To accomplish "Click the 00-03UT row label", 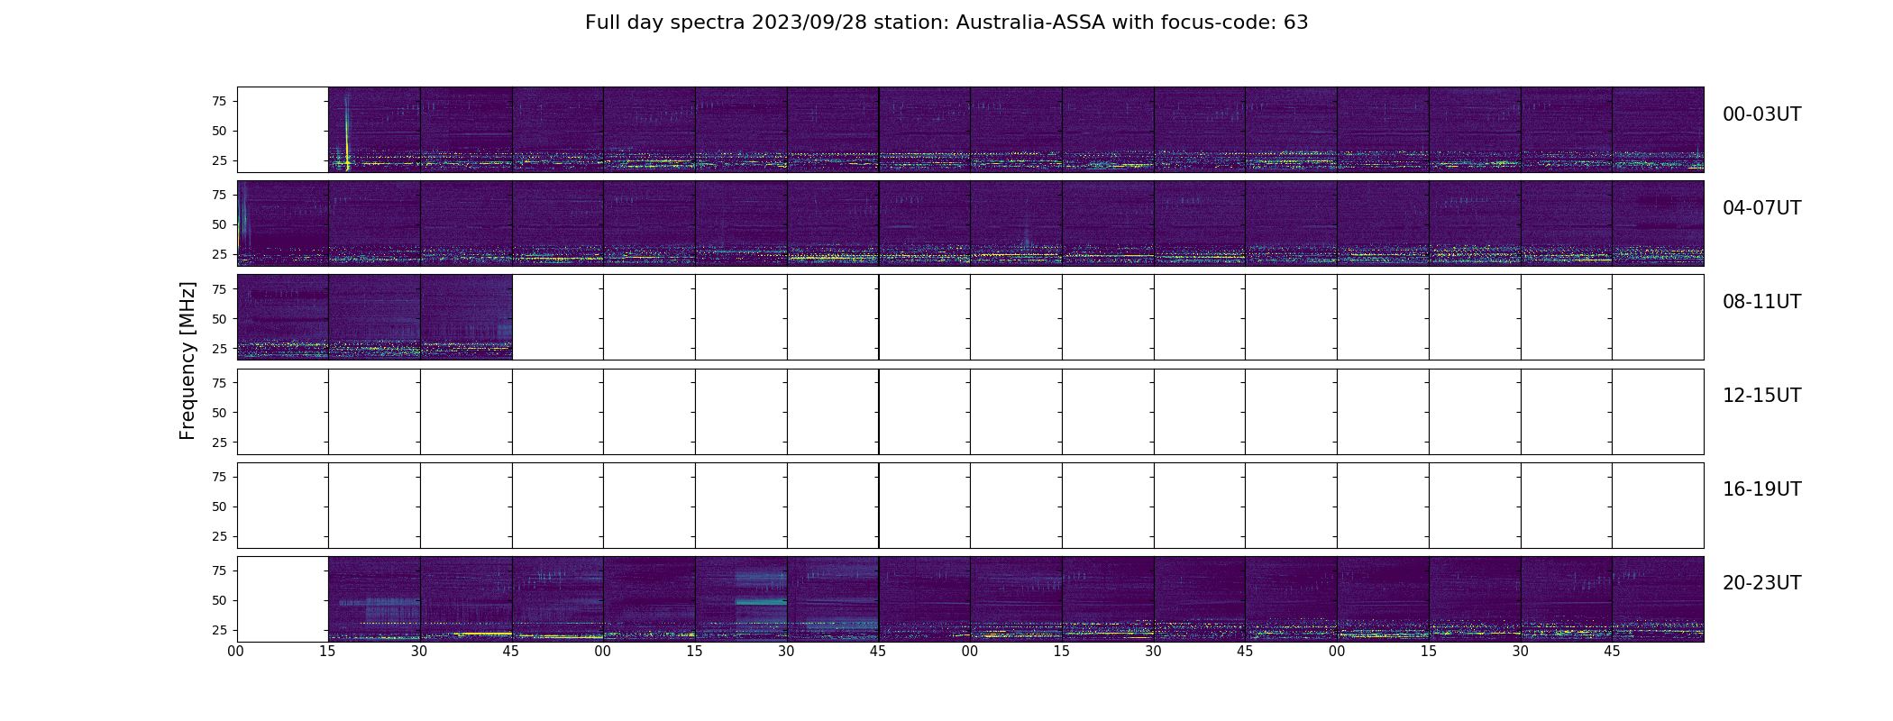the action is click(x=1761, y=114).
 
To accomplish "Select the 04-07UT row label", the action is click(x=1761, y=208).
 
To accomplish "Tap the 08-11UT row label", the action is click(x=1761, y=302).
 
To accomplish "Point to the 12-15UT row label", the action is click(x=1761, y=396).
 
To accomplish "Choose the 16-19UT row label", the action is click(x=1761, y=489).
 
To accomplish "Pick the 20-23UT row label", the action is click(x=1761, y=583).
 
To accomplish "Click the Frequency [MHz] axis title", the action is click(x=187, y=360).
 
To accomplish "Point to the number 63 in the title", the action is click(x=1295, y=23).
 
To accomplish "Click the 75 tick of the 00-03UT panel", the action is click(x=219, y=101).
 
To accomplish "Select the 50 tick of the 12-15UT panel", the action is click(x=219, y=413).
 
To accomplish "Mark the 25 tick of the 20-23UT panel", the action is click(x=219, y=630).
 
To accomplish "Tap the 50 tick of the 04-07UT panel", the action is click(x=219, y=224).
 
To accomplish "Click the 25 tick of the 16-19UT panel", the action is click(x=219, y=536).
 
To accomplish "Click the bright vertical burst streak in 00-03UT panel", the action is click(x=347, y=131).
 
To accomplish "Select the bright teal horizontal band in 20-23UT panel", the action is click(x=761, y=601).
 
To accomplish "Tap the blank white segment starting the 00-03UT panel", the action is click(x=283, y=130).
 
